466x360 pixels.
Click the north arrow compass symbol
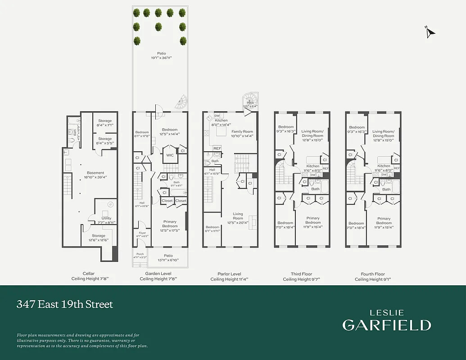pyautogui.click(x=430, y=31)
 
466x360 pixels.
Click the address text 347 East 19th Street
pyautogui.click(x=65, y=304)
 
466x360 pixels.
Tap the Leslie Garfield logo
pyautogui.click(x=386, y=320)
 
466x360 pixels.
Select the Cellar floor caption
pyautogui.click(x=89, y=274)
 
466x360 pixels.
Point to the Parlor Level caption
pyautogui.click(x=229, y=274)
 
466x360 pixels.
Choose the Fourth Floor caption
pyautogui.click(x=373, y=274)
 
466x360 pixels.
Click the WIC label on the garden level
pyautogui.click(x=170, y=155)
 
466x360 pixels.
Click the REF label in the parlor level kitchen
pyautogui.click(x=217, y=148)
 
